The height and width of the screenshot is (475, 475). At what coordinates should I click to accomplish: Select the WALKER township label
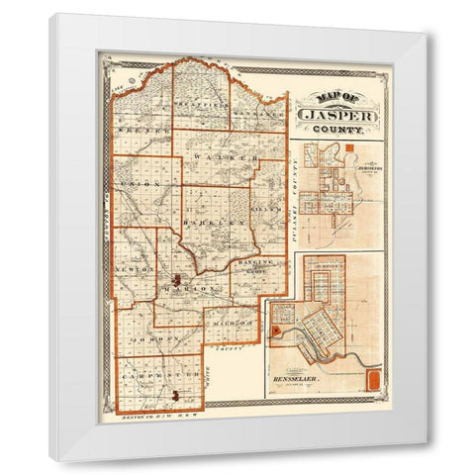point(226,157)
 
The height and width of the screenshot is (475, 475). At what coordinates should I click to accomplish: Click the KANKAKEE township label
point(259,114)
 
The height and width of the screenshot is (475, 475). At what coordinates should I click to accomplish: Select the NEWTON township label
point(136,268)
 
